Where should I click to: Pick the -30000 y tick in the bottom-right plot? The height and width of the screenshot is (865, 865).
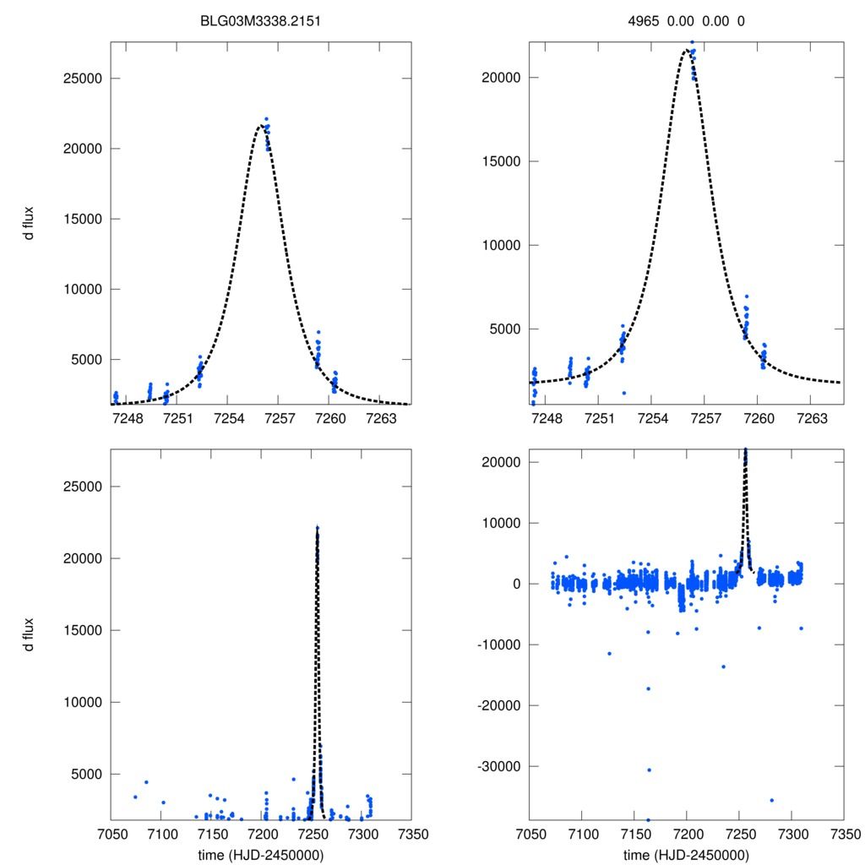point(498,766)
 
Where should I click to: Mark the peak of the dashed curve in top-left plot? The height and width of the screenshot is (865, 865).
point(259,126)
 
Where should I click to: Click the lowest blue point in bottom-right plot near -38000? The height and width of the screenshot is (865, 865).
point(648,819)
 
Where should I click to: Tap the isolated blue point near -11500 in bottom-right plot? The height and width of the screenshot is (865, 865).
point(609,653)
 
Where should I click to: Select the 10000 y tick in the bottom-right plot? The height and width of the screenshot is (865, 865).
point(501,523)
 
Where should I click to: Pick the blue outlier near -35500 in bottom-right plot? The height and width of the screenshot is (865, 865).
point(771,800)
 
